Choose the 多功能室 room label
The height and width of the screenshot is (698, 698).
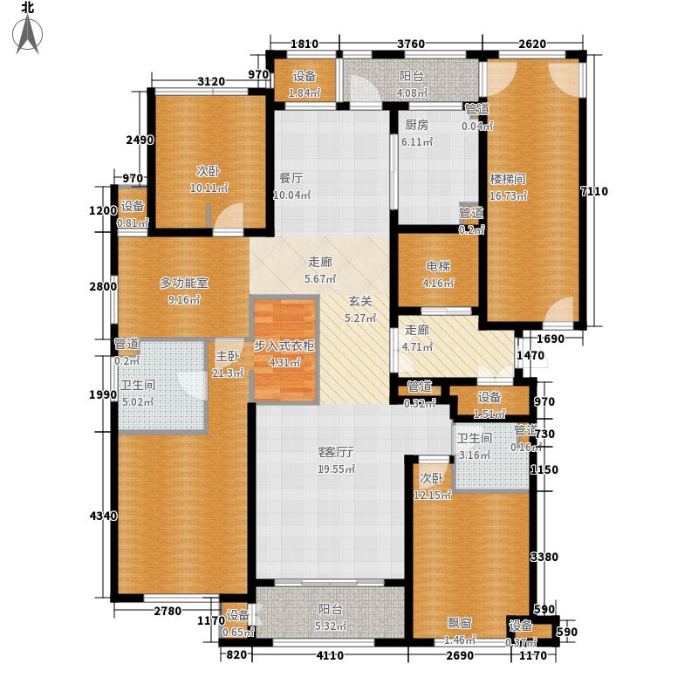pos(183,283)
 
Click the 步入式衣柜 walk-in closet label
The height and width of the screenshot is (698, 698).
pos(284,346)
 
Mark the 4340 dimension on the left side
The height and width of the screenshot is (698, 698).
pos(102,517)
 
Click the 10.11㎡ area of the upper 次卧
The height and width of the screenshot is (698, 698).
pos(210,187)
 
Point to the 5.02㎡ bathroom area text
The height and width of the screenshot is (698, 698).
pos(137,402)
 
